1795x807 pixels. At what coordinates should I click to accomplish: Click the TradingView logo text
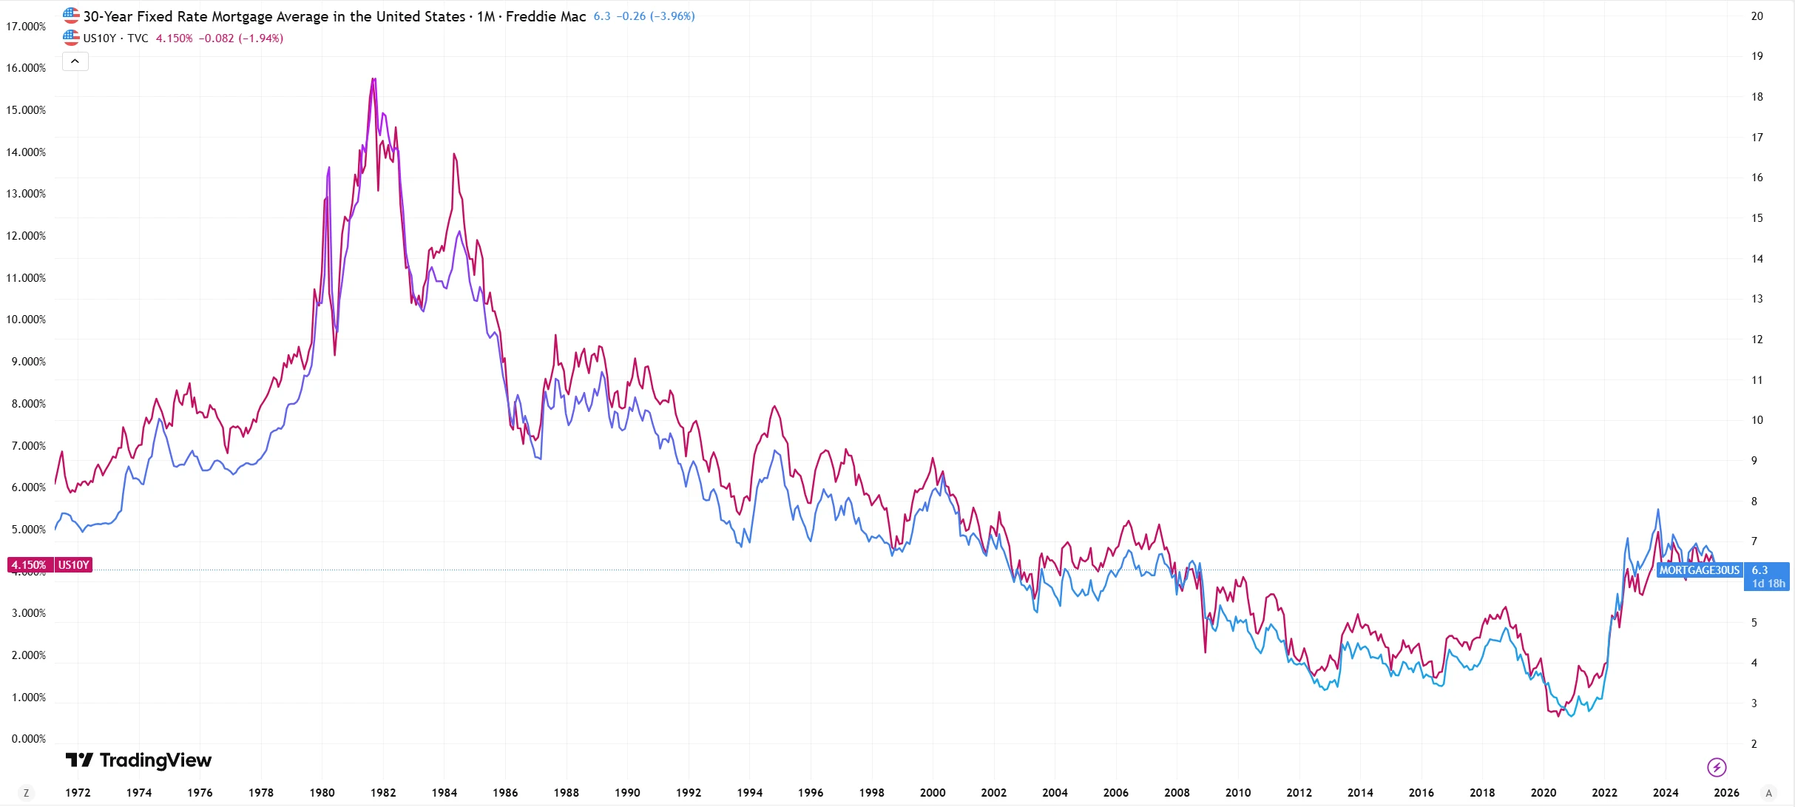(x=155, y=760)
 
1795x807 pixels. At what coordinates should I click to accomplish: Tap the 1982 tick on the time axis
(x=383, y=793)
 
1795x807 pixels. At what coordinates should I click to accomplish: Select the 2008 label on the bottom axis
(x=1177, y=793)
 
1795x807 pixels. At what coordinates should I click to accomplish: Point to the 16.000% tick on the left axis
(x=26, y=68)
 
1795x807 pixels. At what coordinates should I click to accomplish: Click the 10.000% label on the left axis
(x=26, y=320)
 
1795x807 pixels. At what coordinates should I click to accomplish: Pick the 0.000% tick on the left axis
(x=28, y=739)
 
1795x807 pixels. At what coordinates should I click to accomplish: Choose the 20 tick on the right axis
(x=1757, y=16)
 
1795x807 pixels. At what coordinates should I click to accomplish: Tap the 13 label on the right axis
(x=1757, y=299)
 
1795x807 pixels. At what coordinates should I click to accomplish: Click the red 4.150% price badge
(x=29, y=565)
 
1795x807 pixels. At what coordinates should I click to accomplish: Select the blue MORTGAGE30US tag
(x=1699, y=570)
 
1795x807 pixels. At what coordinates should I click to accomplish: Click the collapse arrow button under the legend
(x=75, y=61)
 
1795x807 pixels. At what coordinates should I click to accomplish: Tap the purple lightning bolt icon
(x=1717, y=768)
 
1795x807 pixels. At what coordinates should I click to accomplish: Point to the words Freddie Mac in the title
(x=545, y=16)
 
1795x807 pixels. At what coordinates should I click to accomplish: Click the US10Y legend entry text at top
(x=100, y=38)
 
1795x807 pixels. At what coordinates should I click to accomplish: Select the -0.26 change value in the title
(x=631, y=16)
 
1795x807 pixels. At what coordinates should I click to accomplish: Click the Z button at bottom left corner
(x=27, y=793)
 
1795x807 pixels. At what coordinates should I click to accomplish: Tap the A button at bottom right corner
(x=1769, y=793)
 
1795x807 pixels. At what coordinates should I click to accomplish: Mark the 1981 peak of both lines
(x=374, y=79)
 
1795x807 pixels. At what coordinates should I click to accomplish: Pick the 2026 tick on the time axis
(x=1726, y=793)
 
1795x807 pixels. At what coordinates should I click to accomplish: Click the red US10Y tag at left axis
(x=74, y=565)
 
